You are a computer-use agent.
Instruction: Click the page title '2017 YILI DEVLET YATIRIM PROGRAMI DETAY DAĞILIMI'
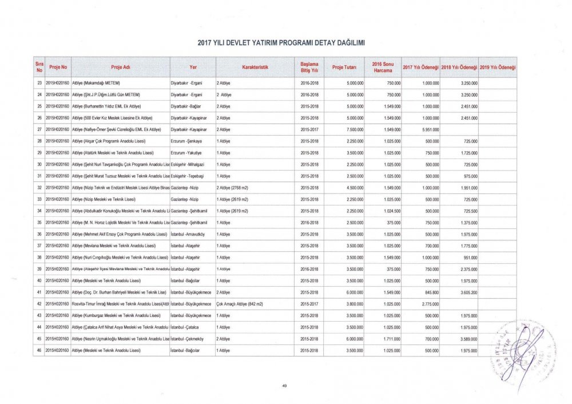click(x=281, y=43)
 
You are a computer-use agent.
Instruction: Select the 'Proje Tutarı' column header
click(x=344, y=68)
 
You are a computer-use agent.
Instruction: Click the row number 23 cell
click(x=38, y=84)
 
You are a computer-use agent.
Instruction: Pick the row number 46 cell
click(x=38, y=349)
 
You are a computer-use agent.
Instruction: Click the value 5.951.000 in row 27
click(x=428, y=130)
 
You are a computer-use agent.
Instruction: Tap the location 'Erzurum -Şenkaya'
click(x=186, y=141)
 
